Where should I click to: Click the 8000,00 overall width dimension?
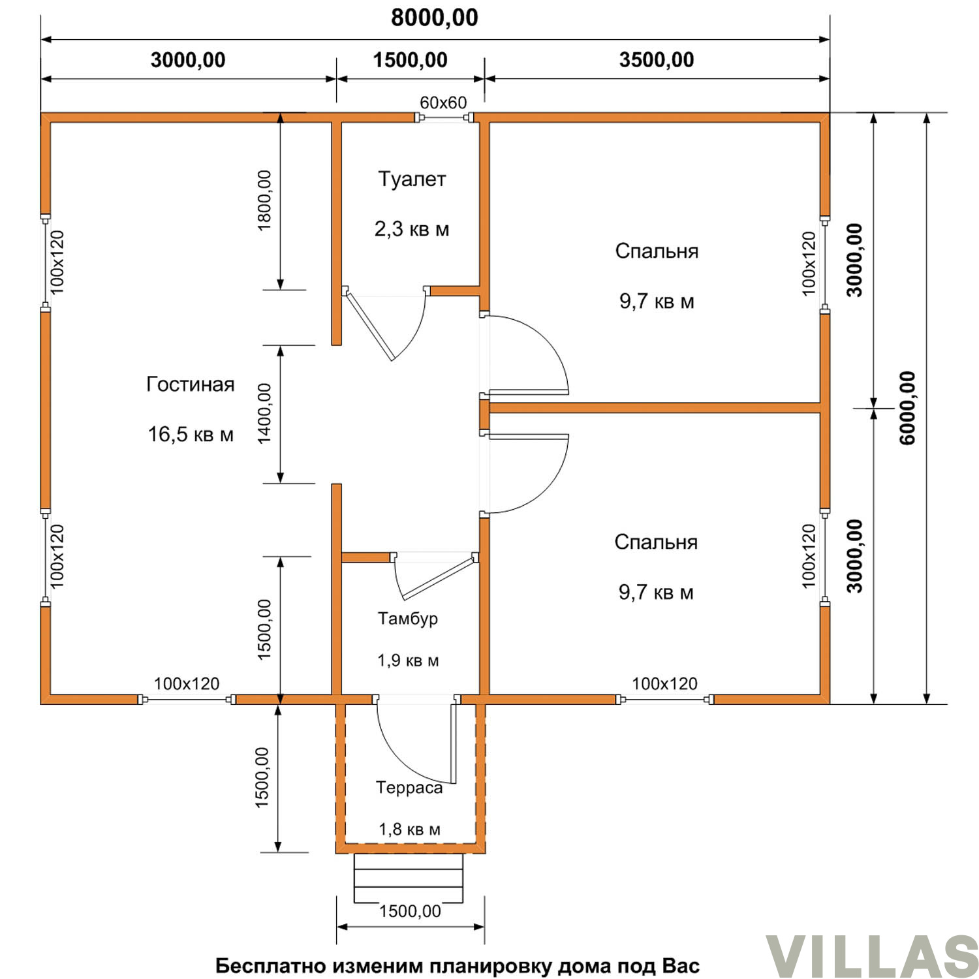coord(435,18)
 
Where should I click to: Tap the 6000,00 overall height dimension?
coord(907,408)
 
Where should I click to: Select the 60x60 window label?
coord(443,102)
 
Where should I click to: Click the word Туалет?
coord(412,179)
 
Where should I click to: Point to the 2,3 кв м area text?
coord(412,229)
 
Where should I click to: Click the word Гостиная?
coord(191,384)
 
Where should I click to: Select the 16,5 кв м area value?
coord(191,434)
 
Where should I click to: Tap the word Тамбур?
coord(408,618)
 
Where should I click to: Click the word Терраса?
coord(409,788)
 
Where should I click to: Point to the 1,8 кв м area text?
coord(410,830)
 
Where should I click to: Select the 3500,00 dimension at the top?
coord(657,60)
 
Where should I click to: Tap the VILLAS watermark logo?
coord(872,957)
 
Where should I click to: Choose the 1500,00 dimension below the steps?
coord(411,911)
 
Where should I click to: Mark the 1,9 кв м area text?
coord(408,660)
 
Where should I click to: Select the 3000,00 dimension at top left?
coord(188,60)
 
